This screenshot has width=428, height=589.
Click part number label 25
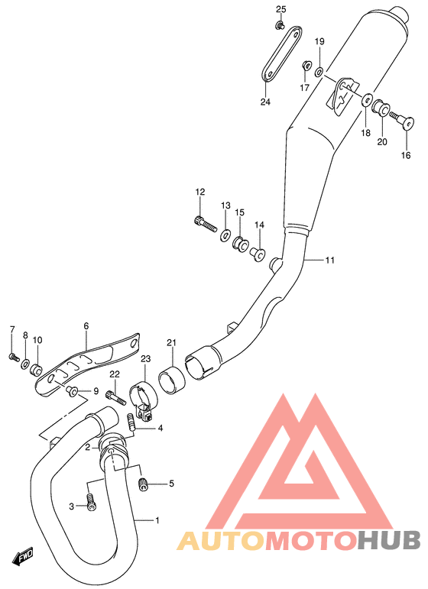tap(281, 9)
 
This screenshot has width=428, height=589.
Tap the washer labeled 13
tap(225, 235)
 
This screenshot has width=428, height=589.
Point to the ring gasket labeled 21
tap(172, 380)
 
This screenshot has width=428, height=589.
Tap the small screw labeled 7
tap(14, 357)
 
